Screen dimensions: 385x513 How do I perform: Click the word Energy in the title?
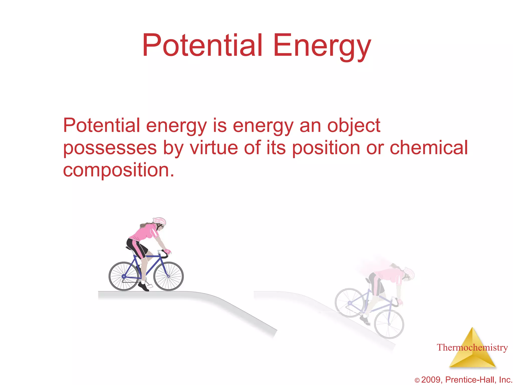pyautogui.click(x=322, y=46)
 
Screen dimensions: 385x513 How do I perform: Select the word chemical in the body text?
pyautogui.click(x=429, y=148)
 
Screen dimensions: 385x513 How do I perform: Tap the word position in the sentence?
pyautogui.click(x=326, y=148)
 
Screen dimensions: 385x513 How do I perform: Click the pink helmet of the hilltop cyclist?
pyautogui.click(x=160, y=221)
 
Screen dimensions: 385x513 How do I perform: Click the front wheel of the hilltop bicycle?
pyautogui.click(x=169, y=276)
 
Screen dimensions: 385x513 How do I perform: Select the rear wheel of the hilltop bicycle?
pyautogui.click(x=123, y=276)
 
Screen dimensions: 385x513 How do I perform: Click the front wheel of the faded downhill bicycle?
pyautogui.click(x=389, y=324)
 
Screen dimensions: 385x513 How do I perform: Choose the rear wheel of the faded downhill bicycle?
pyautogui.click(x=350, y=303)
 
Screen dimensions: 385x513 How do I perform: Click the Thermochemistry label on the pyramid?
pyautogui.click(x=472, y=348)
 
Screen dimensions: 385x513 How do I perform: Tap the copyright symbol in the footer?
pyautogui.click(x=417, y=380)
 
